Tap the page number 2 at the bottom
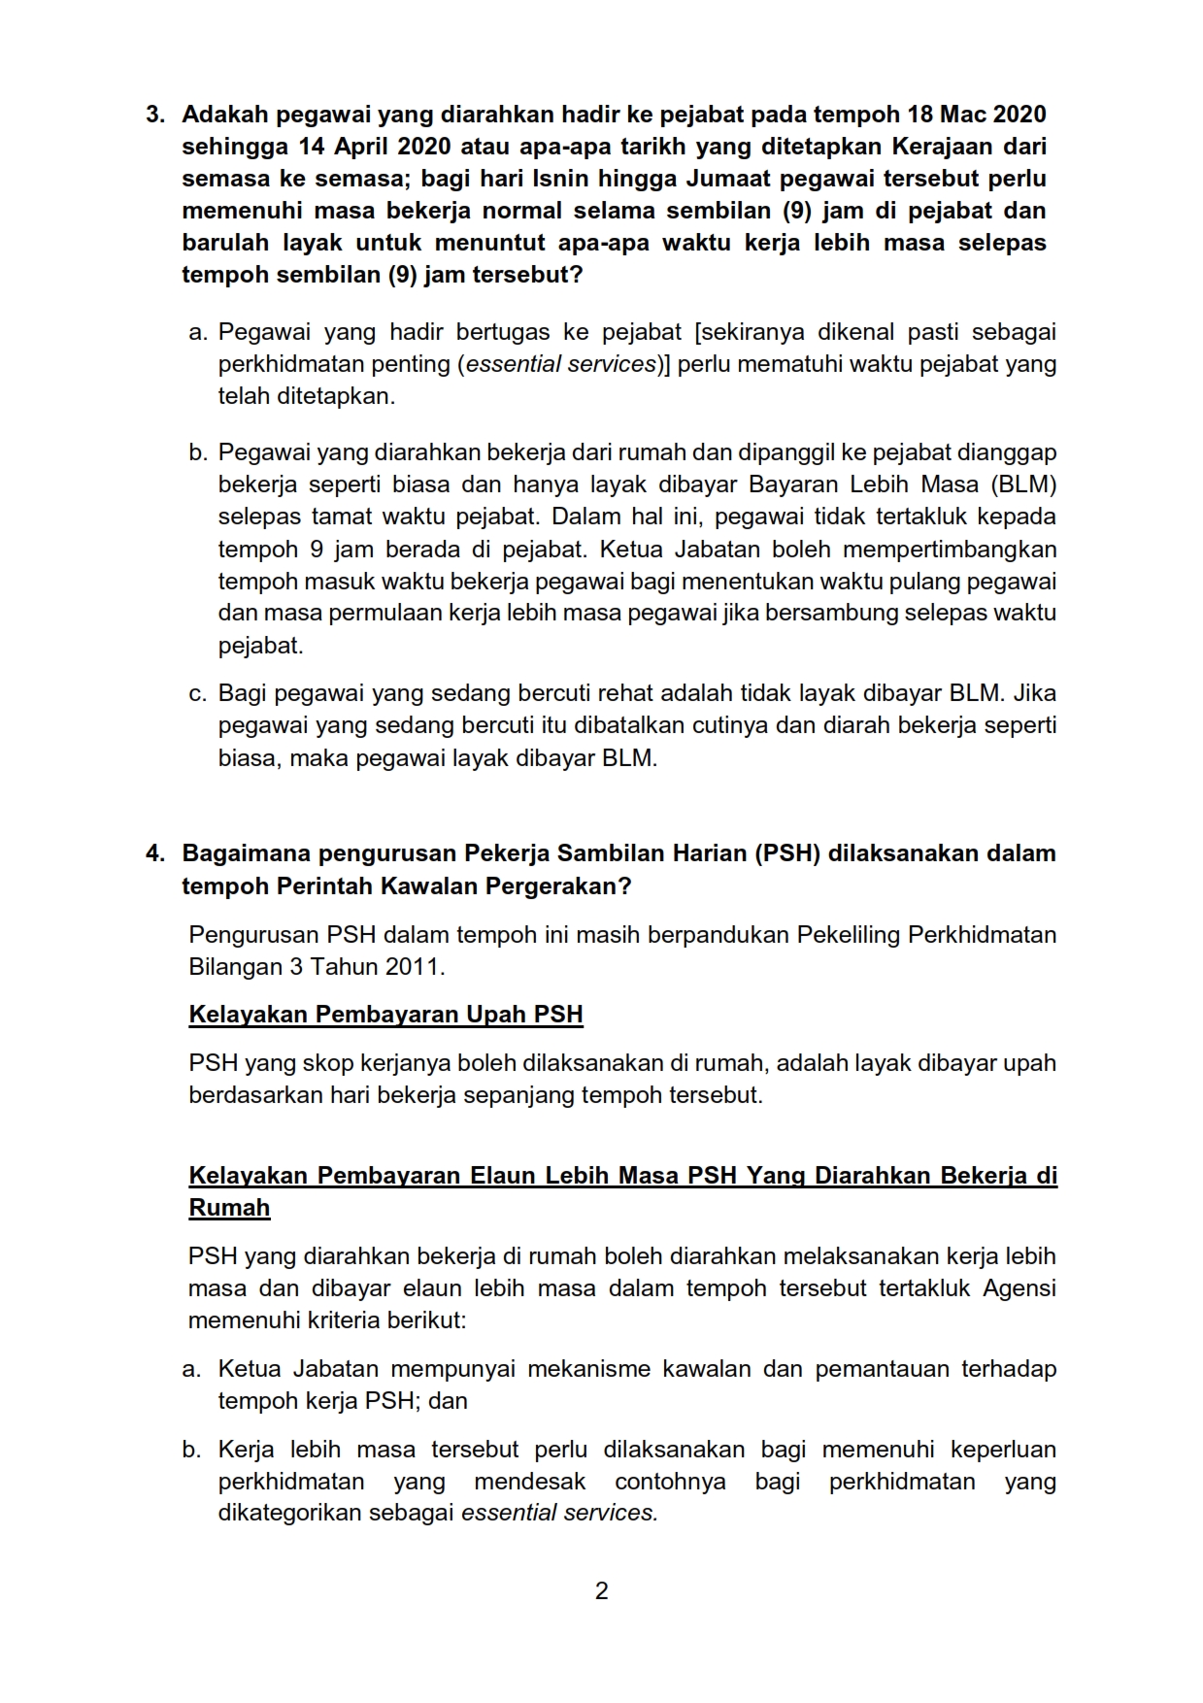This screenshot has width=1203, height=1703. (601, 1590)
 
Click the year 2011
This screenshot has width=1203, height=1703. (413, 967)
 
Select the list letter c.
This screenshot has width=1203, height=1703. (197, 694)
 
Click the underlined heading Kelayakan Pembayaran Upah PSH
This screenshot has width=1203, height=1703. (385, 1016)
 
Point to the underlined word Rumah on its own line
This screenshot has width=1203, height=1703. (229, 1208)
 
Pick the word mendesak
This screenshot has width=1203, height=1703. (530, 1482)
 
